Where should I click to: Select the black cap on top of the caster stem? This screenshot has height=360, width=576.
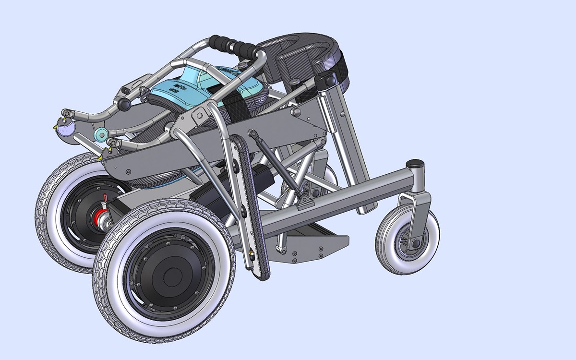[415, 164]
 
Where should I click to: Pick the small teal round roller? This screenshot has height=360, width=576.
[101, 135]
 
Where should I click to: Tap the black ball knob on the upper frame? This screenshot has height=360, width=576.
[125, 104]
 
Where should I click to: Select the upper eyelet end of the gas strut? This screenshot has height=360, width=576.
[253, 133]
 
